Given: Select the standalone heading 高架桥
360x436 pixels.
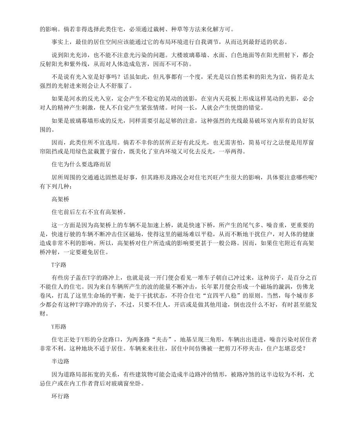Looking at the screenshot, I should tap(60, 199).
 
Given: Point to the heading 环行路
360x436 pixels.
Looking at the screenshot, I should tap(60, 397).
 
